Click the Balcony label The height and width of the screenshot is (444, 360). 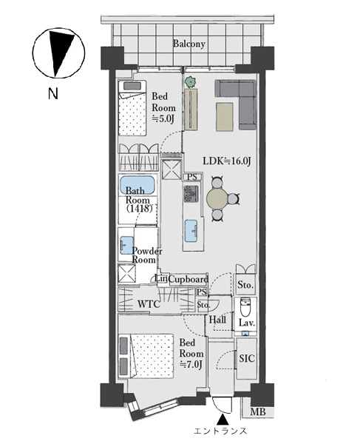pos(189,44)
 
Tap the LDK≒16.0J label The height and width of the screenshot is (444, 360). pos(227,161)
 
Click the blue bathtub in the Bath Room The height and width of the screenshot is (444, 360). pos(137,185)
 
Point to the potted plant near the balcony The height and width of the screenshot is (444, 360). pos(190,82)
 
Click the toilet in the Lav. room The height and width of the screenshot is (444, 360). pos(245,307)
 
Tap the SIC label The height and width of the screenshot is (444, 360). pos(247,358)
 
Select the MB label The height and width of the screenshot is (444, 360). pos(258,411)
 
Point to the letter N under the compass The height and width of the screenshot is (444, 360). pos(53,93)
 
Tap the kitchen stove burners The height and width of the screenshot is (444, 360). pos(191,194)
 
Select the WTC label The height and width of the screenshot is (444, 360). pos(149,304)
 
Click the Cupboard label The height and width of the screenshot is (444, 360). pos(189,280)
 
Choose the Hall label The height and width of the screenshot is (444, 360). pos(217,320)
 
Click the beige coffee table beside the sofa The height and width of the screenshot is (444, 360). pos(225,117)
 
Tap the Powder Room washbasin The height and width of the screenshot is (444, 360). pos(126,245)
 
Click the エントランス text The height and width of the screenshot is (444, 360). pos(220,431)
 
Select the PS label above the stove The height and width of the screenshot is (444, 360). pos(192,178)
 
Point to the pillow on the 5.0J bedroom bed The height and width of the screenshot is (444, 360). pos(132,86)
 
